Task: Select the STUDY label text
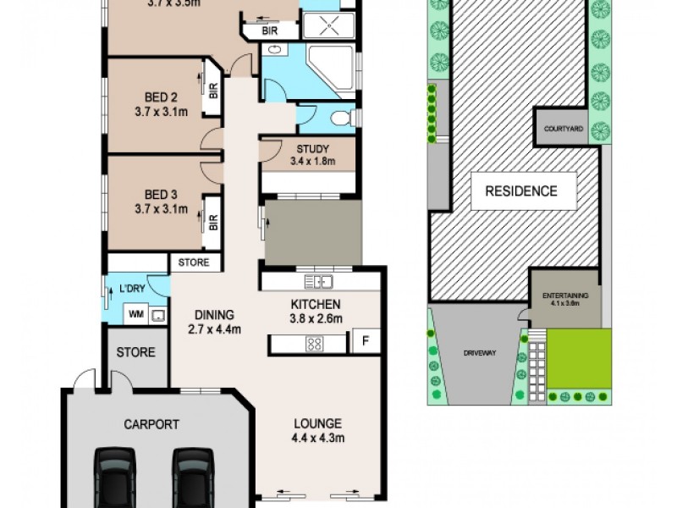312,153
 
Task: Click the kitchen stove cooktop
314,344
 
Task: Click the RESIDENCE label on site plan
520,190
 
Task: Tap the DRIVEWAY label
473,352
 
